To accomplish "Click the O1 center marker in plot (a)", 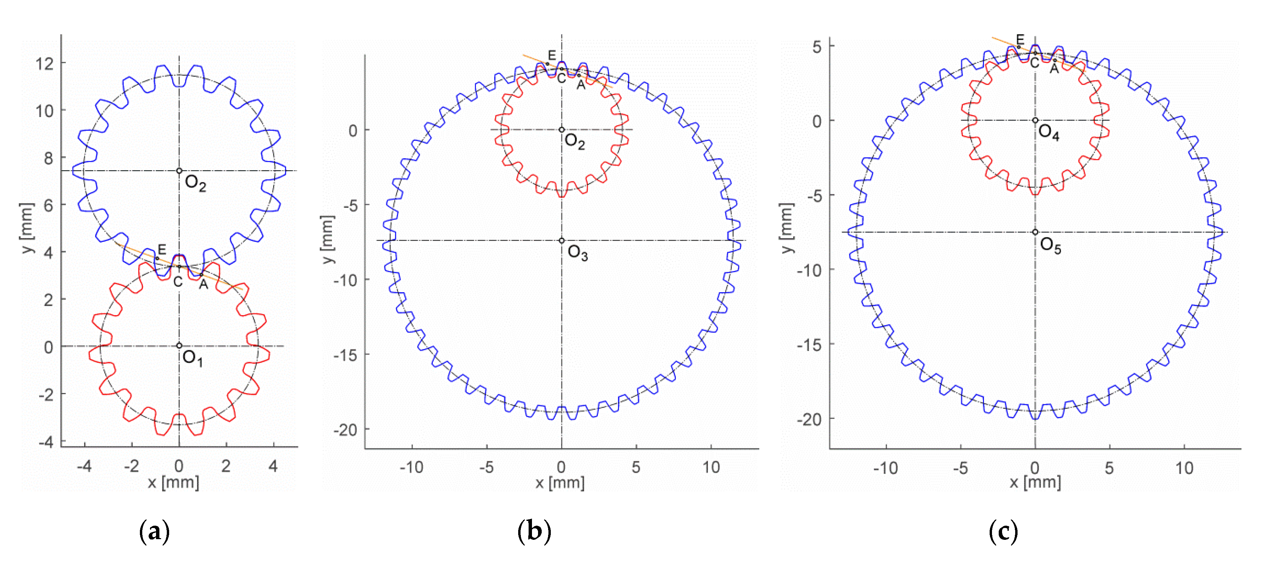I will coord(179,346).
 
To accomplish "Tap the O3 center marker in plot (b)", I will coord(562,240).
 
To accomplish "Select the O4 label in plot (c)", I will coord(1048,132).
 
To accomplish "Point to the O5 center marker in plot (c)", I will coord(1035,232).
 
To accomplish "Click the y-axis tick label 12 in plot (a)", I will coord(44,64).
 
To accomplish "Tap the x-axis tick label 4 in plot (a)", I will coord(273,466).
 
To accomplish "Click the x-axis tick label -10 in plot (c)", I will coord(885,469).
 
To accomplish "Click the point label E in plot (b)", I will coord(552,55).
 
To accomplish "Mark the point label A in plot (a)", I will coord(203,285).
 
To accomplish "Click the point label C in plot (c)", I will coord(1034,64).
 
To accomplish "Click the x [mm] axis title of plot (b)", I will coord(560,483).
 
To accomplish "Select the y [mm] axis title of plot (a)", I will coord(28,228).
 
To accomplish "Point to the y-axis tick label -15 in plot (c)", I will coord(810,345).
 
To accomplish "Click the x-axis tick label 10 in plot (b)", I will coord(711,467).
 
